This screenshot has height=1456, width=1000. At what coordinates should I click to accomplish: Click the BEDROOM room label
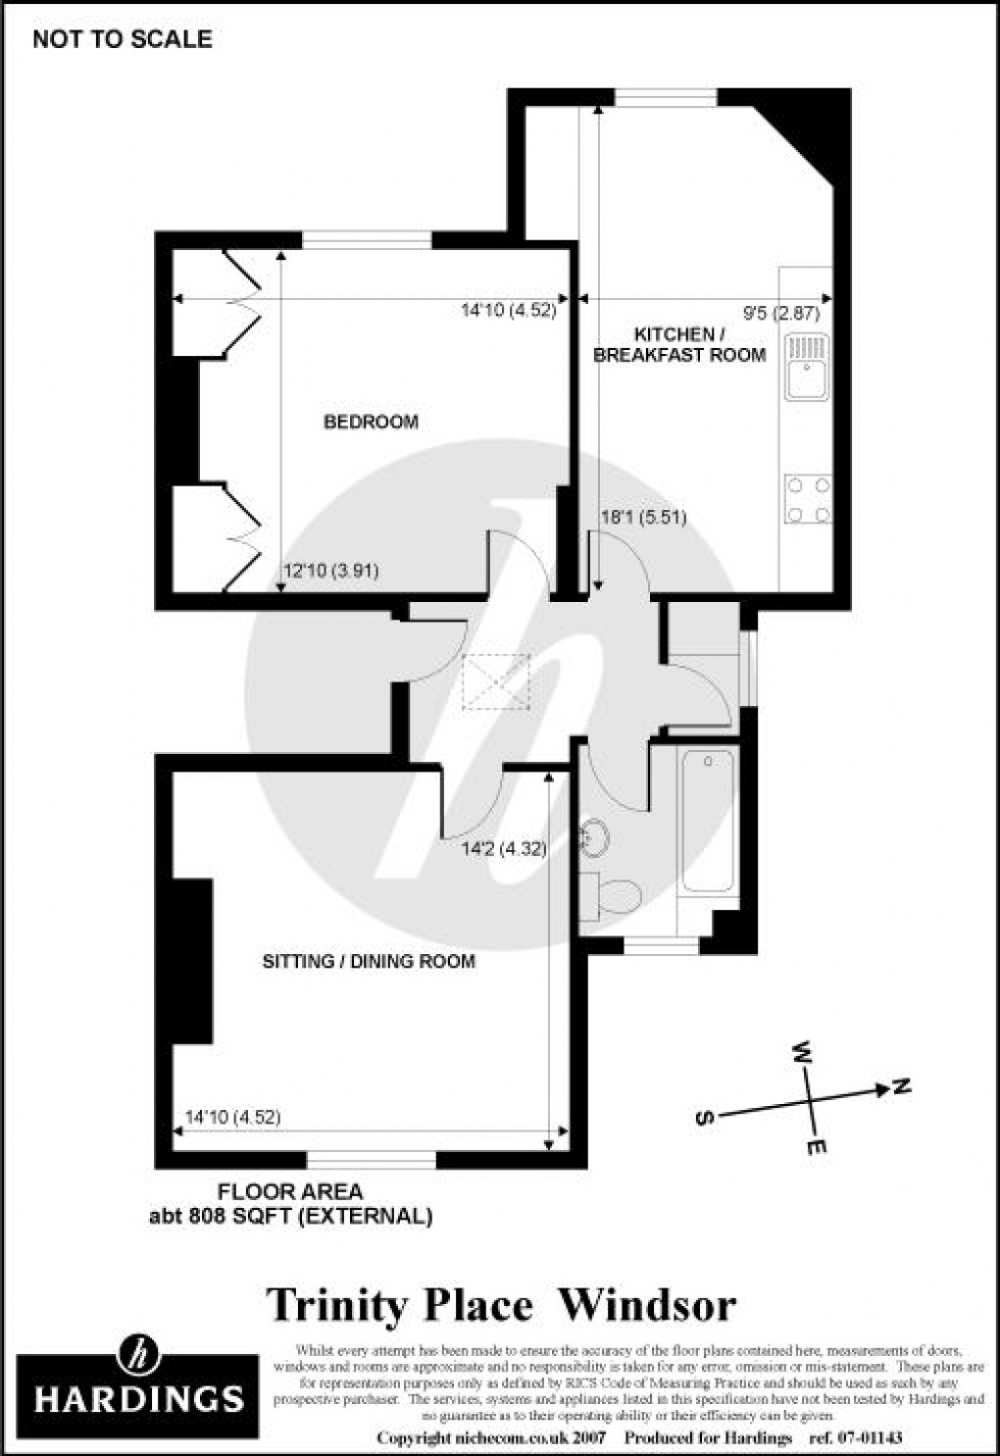(371, 422)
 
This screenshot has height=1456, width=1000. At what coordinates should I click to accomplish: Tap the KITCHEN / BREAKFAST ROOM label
(679, 345)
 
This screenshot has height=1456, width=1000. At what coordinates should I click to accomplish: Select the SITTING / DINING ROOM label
(369, 961)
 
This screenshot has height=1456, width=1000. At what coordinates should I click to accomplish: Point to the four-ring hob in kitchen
(808, 499)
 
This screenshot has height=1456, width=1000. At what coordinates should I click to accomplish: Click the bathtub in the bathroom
(707, 820)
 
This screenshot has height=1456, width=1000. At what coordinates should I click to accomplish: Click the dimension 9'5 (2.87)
(781, 315)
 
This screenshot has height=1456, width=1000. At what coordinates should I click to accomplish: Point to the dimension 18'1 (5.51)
(643, 518)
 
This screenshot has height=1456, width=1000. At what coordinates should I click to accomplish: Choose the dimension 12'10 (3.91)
(330, 571)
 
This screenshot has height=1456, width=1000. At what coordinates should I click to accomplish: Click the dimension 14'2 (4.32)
(504, 849)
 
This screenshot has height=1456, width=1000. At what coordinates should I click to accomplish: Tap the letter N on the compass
(901, 1086)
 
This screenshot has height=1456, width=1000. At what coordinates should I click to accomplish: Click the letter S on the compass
(703, 1118)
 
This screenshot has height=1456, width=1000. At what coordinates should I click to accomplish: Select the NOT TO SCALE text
(123, 39)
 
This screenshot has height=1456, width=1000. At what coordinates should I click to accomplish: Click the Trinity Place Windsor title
(501, 1306)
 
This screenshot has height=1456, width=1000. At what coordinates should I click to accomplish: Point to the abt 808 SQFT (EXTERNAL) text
(290, 1217)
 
